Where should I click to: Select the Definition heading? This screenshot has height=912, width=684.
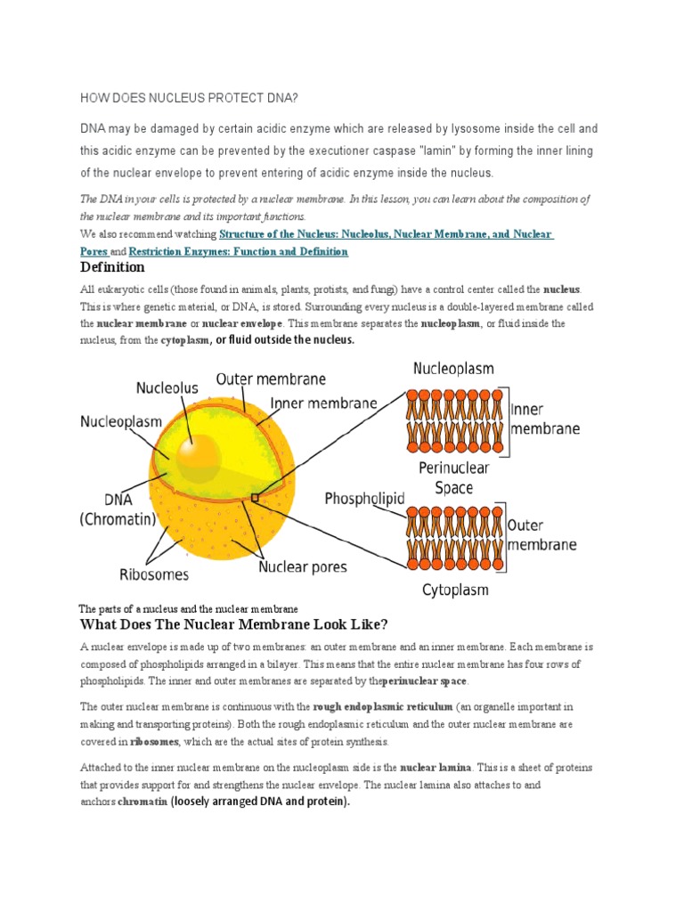(112, 267)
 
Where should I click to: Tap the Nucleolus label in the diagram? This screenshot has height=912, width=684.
(167, 387)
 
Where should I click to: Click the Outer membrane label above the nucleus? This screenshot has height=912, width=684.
(272, 379)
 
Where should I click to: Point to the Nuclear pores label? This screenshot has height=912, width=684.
(303, 566)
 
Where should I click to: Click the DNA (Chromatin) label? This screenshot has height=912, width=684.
(118, 509)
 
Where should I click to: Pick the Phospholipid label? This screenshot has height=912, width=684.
(365, 498)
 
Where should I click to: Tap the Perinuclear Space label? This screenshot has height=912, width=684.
(453, 477)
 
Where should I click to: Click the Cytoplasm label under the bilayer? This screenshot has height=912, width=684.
(454, 590)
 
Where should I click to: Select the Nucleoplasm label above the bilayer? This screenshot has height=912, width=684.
(453, 368)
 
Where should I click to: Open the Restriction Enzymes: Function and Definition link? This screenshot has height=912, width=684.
(239, 252)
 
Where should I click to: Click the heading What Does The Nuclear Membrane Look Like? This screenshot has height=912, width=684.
(234, 623)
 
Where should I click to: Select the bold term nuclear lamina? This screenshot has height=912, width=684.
(429, 767)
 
